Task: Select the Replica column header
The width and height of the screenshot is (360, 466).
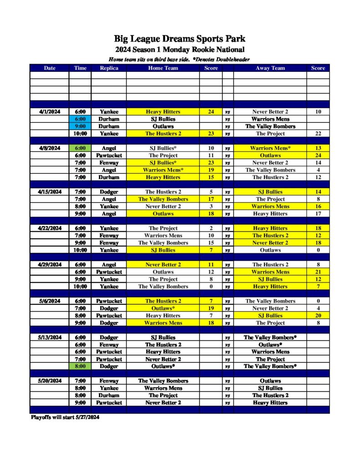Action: pyautogui.click(x=109, y=68)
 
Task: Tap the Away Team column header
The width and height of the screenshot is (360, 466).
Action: pyautogui.click(x=270, y=68)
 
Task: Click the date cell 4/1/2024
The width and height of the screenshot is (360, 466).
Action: pyautogui.click(x=50, y=112)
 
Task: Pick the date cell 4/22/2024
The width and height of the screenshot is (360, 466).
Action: pyautogui.click(x=50, y=228)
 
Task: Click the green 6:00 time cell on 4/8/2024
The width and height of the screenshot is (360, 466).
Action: pyautogui.click(x=80, y=148)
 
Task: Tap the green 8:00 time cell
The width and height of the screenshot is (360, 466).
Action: pyautogui.click(x=80, y=366)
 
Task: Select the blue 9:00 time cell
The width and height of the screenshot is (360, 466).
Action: pyautogui.click(x=80, y=127)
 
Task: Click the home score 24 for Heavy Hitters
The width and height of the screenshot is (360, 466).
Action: pyautogui.click(x=211, y=112)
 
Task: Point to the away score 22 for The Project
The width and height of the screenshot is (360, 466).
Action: pyautogui.click(x=318, y=134)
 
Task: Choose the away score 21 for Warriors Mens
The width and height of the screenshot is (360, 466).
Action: pyautogui.click(x=318, y=272)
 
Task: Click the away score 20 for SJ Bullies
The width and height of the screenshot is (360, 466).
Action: pyautogui.click(x=318, y=316)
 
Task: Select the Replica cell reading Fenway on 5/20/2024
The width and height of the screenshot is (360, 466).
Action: pyautogui.click(x=109, y=381)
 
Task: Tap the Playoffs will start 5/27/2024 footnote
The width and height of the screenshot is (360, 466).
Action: pyautogui.click(x=65, y=417)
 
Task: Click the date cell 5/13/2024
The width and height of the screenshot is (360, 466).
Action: pyautogui.click(x=50, y=338)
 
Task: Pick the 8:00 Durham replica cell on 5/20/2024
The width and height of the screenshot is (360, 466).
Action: pyautogui.click(x=109, y=395)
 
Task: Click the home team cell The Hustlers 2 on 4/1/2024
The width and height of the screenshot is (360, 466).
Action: pyautogui.click(x=163, y=134)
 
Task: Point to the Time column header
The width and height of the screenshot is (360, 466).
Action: pyautogui.click(x=80, y=68)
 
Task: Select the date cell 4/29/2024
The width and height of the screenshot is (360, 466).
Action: pyautogui.click(x=50, y=265)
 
